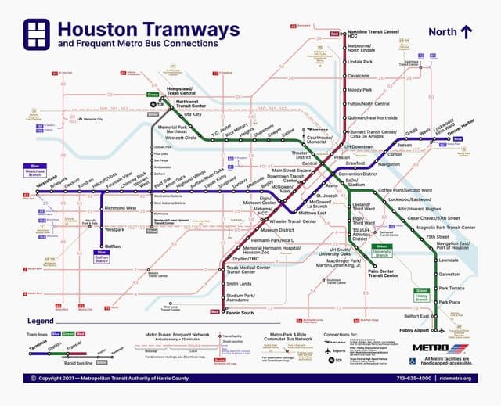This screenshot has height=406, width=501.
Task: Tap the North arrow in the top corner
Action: pyautogui.click(x=466, y=31)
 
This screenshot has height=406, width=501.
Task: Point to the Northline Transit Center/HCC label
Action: pyautogui.click(x=373, y=33)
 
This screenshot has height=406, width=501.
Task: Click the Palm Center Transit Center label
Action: pyautogui.click(x=384, y=273)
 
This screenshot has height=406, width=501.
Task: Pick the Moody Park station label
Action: pyautogui.click(x=361, y=90)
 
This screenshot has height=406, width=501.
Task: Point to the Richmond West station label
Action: pyautogui.click(x=121, y=208)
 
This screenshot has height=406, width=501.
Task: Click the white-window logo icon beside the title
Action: pyautogui.click(x=38, y=34)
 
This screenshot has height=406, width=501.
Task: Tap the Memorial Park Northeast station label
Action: pyautogui.click(x=172, y=130)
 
